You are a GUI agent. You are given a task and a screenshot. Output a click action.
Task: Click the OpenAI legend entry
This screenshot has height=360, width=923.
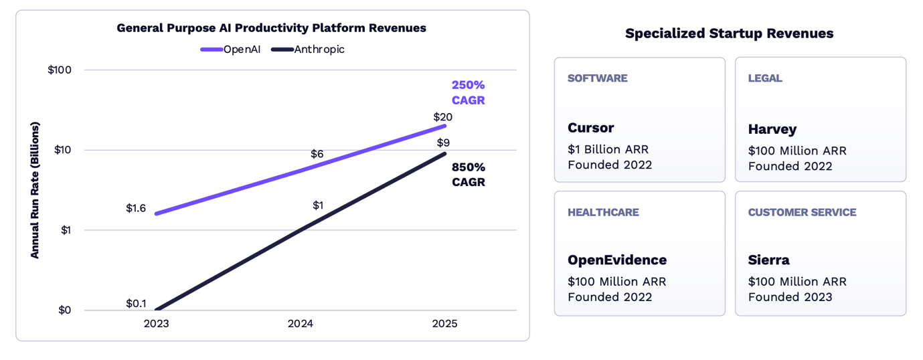pos(231,50)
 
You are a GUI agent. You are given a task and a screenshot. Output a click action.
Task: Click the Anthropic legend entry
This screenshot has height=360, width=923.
pos(309,50)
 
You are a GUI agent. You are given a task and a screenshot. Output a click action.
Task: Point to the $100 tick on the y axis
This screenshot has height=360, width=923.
pos(60,70)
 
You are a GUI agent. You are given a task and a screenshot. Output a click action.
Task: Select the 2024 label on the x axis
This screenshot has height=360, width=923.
pos(301,324)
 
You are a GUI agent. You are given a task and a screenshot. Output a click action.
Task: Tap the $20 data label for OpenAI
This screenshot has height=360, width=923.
pos(442,117)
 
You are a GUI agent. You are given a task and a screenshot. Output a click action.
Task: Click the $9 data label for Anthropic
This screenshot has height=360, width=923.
pos(443,143)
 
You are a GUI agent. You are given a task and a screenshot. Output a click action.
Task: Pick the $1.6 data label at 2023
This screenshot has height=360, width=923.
pos(136,208)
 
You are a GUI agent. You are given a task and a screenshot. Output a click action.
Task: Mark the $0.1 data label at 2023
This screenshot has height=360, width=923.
pos(136,303)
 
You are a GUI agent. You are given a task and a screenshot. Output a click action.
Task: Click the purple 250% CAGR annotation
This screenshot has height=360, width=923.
pos(468,92)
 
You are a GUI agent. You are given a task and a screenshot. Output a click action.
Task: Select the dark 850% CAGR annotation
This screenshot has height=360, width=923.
pos(468,174)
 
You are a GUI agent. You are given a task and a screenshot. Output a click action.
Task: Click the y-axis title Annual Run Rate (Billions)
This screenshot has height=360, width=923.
pos(35,190)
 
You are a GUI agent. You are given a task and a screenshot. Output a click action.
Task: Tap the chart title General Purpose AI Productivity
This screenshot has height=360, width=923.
pos(271,28)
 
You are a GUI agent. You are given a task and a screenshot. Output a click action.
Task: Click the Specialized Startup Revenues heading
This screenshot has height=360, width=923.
pos(729,33)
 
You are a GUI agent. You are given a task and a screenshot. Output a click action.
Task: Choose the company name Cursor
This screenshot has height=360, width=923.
pos(590,128)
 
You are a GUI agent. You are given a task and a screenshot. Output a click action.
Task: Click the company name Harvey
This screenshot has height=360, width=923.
pos(772,129)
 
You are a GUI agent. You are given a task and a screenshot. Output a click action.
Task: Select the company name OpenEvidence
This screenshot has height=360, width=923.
pos(617,260)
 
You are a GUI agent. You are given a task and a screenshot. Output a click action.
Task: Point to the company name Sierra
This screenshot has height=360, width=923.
pos(768,260)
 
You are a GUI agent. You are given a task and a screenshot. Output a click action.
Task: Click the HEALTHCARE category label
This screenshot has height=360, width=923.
pos(603,212)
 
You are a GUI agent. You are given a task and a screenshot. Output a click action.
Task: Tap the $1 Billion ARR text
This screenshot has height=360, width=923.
pos(608,149)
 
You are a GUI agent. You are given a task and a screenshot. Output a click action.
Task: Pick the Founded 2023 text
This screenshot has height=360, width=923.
pos(790,297)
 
